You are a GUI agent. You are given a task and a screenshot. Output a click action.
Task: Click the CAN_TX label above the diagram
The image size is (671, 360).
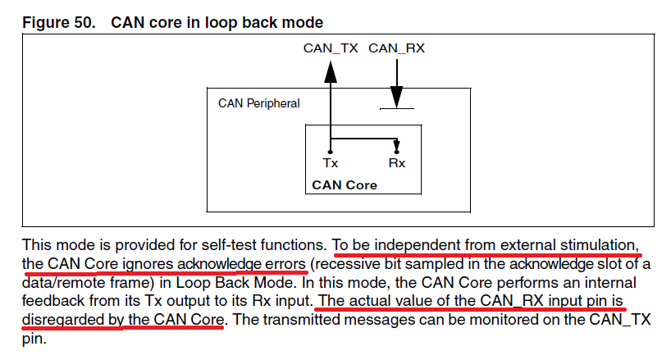click(331, 48)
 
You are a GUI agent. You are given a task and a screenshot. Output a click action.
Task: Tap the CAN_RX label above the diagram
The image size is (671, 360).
click(396, 48)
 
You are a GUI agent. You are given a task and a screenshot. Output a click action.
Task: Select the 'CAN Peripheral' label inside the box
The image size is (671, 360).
click(258, 103)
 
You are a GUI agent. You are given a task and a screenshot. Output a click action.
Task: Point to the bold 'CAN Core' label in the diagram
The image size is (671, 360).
click(345, 185)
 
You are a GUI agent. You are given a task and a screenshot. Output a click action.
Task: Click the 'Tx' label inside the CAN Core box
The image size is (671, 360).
click(331, 163)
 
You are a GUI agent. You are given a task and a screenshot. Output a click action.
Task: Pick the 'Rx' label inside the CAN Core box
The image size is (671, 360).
click(397, 163)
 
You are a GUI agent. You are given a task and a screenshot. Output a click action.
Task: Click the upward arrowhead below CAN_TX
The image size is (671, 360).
click(331, 71)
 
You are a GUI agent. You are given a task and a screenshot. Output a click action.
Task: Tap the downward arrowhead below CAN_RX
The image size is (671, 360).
click(396, 98)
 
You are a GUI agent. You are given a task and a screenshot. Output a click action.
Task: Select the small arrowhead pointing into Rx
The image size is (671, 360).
click(397, 147)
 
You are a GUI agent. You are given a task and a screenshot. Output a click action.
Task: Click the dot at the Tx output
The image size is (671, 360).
click(331, 152)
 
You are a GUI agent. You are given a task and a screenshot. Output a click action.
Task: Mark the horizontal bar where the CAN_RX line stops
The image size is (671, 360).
click(396, 108)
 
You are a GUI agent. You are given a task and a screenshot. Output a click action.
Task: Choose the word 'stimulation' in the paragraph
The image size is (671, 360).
click(598, 244)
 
